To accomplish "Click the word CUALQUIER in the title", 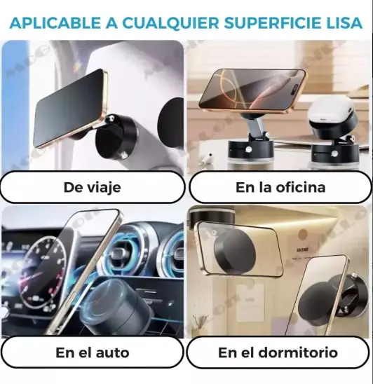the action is [x=170, y=23].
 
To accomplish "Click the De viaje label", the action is [x=92, y=188].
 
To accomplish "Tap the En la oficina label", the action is [x=280, y=188].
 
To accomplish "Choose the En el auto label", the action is [x=93, y=353].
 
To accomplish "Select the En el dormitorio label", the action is [x=278, y=353].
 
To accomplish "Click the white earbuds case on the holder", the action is [x=331, y=111].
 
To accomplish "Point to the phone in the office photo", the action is [x=252, y=92].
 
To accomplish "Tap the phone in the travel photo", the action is [x=71, y=109].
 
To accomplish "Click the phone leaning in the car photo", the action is [x=83, y=272].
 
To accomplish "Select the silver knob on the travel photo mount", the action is [x=111, y=119].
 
